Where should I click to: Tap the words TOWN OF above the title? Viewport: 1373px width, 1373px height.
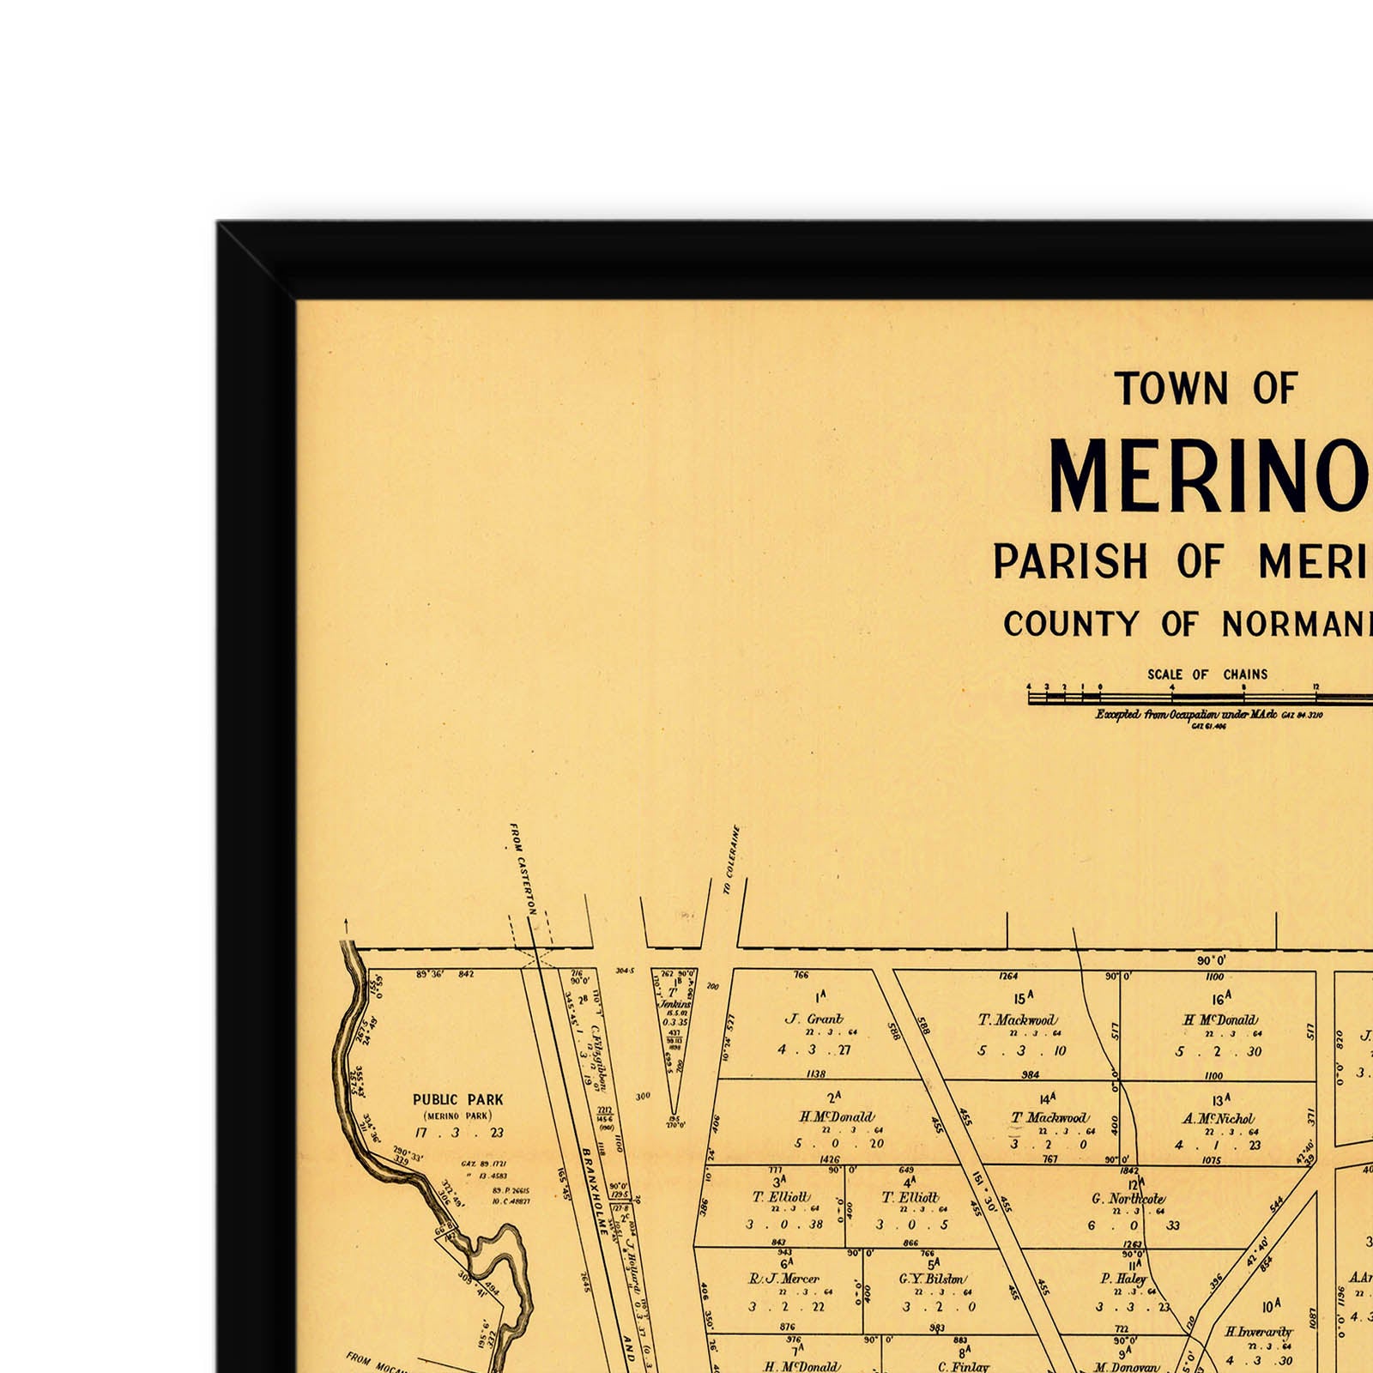click(1206, 389)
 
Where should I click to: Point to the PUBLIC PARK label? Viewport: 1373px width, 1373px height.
click(458, 1099)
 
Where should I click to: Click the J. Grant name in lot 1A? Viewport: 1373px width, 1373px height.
click(814, 1019)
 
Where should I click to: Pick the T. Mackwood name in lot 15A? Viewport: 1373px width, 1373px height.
click(1017, 1020)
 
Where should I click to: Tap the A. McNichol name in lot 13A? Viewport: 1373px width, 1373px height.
click(1218, 1119)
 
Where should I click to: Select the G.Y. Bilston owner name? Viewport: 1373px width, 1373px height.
click(932, 1279)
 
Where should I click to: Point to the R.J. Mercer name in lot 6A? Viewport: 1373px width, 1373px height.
click(784, 1279)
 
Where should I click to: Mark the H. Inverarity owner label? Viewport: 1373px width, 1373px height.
click(1258, 1332)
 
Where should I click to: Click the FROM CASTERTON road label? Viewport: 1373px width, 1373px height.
click(523, 868)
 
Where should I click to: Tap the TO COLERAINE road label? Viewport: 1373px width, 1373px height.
click(731, 860)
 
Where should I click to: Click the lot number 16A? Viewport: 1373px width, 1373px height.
click(1220, 998)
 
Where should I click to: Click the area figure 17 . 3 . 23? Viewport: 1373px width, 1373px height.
click(459, 1133)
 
